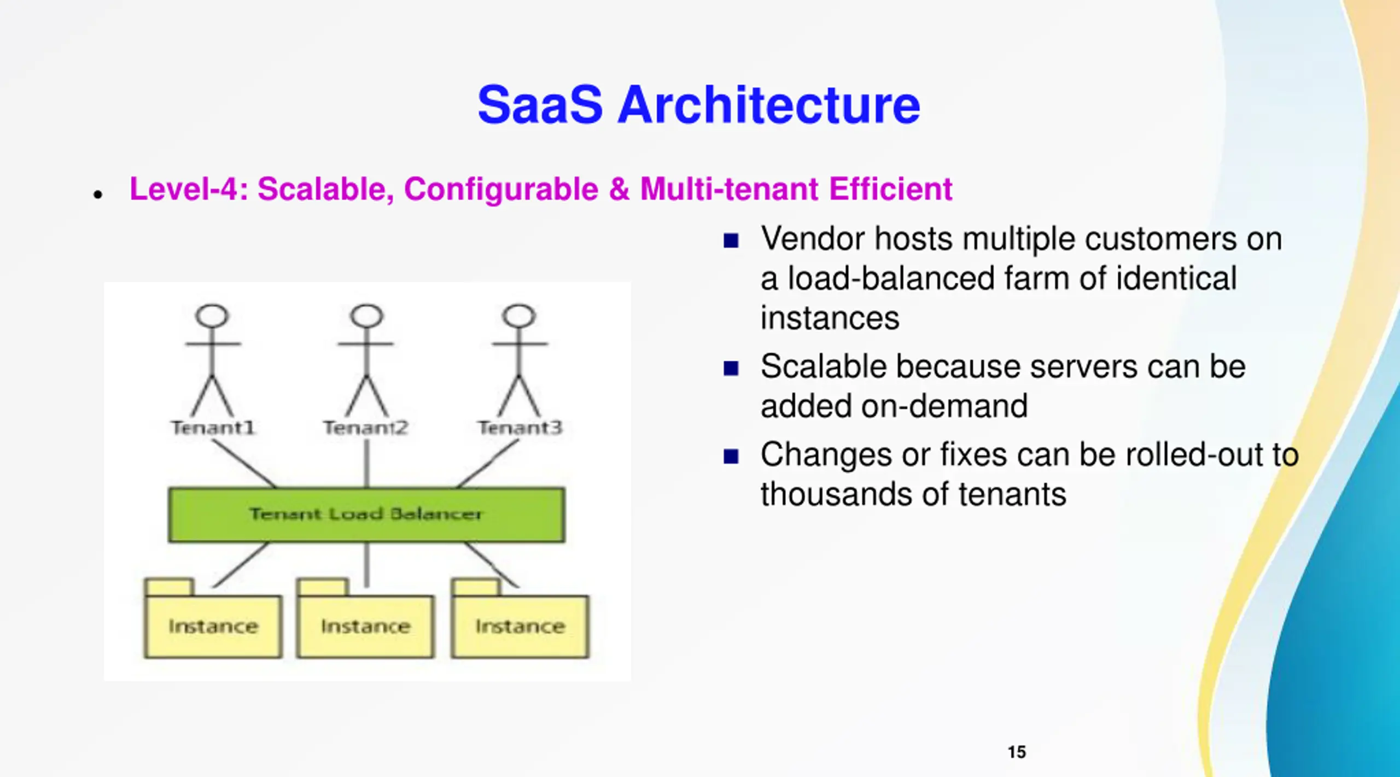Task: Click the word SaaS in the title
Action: pyautogui.click(x=540, y=105)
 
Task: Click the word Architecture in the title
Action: pyautogui.click(x=768, y=105)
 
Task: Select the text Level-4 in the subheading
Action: pyautogui.click(x=188, y=189)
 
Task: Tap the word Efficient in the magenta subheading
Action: pyautogui.click(x=890, y=189)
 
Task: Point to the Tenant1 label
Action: pyautogui.click(x=213, y=428)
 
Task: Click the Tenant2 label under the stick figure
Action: pyautogui.click(x=366, y=428)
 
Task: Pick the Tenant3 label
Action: pyautogui.click(x=520, y=428)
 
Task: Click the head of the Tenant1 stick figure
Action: pyautogui.click(x=212, y=316)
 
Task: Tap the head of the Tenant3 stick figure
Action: pyautogui.click(x=519, y=316)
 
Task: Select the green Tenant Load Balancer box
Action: pyautogui.click(x=366, y=515)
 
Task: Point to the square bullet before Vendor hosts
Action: pyautogui.click(x=731, y=241)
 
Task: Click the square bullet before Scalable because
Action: pyautogui.click(x=731, y=369)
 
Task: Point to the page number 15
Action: pyautogui.click(x=1017, y=752)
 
